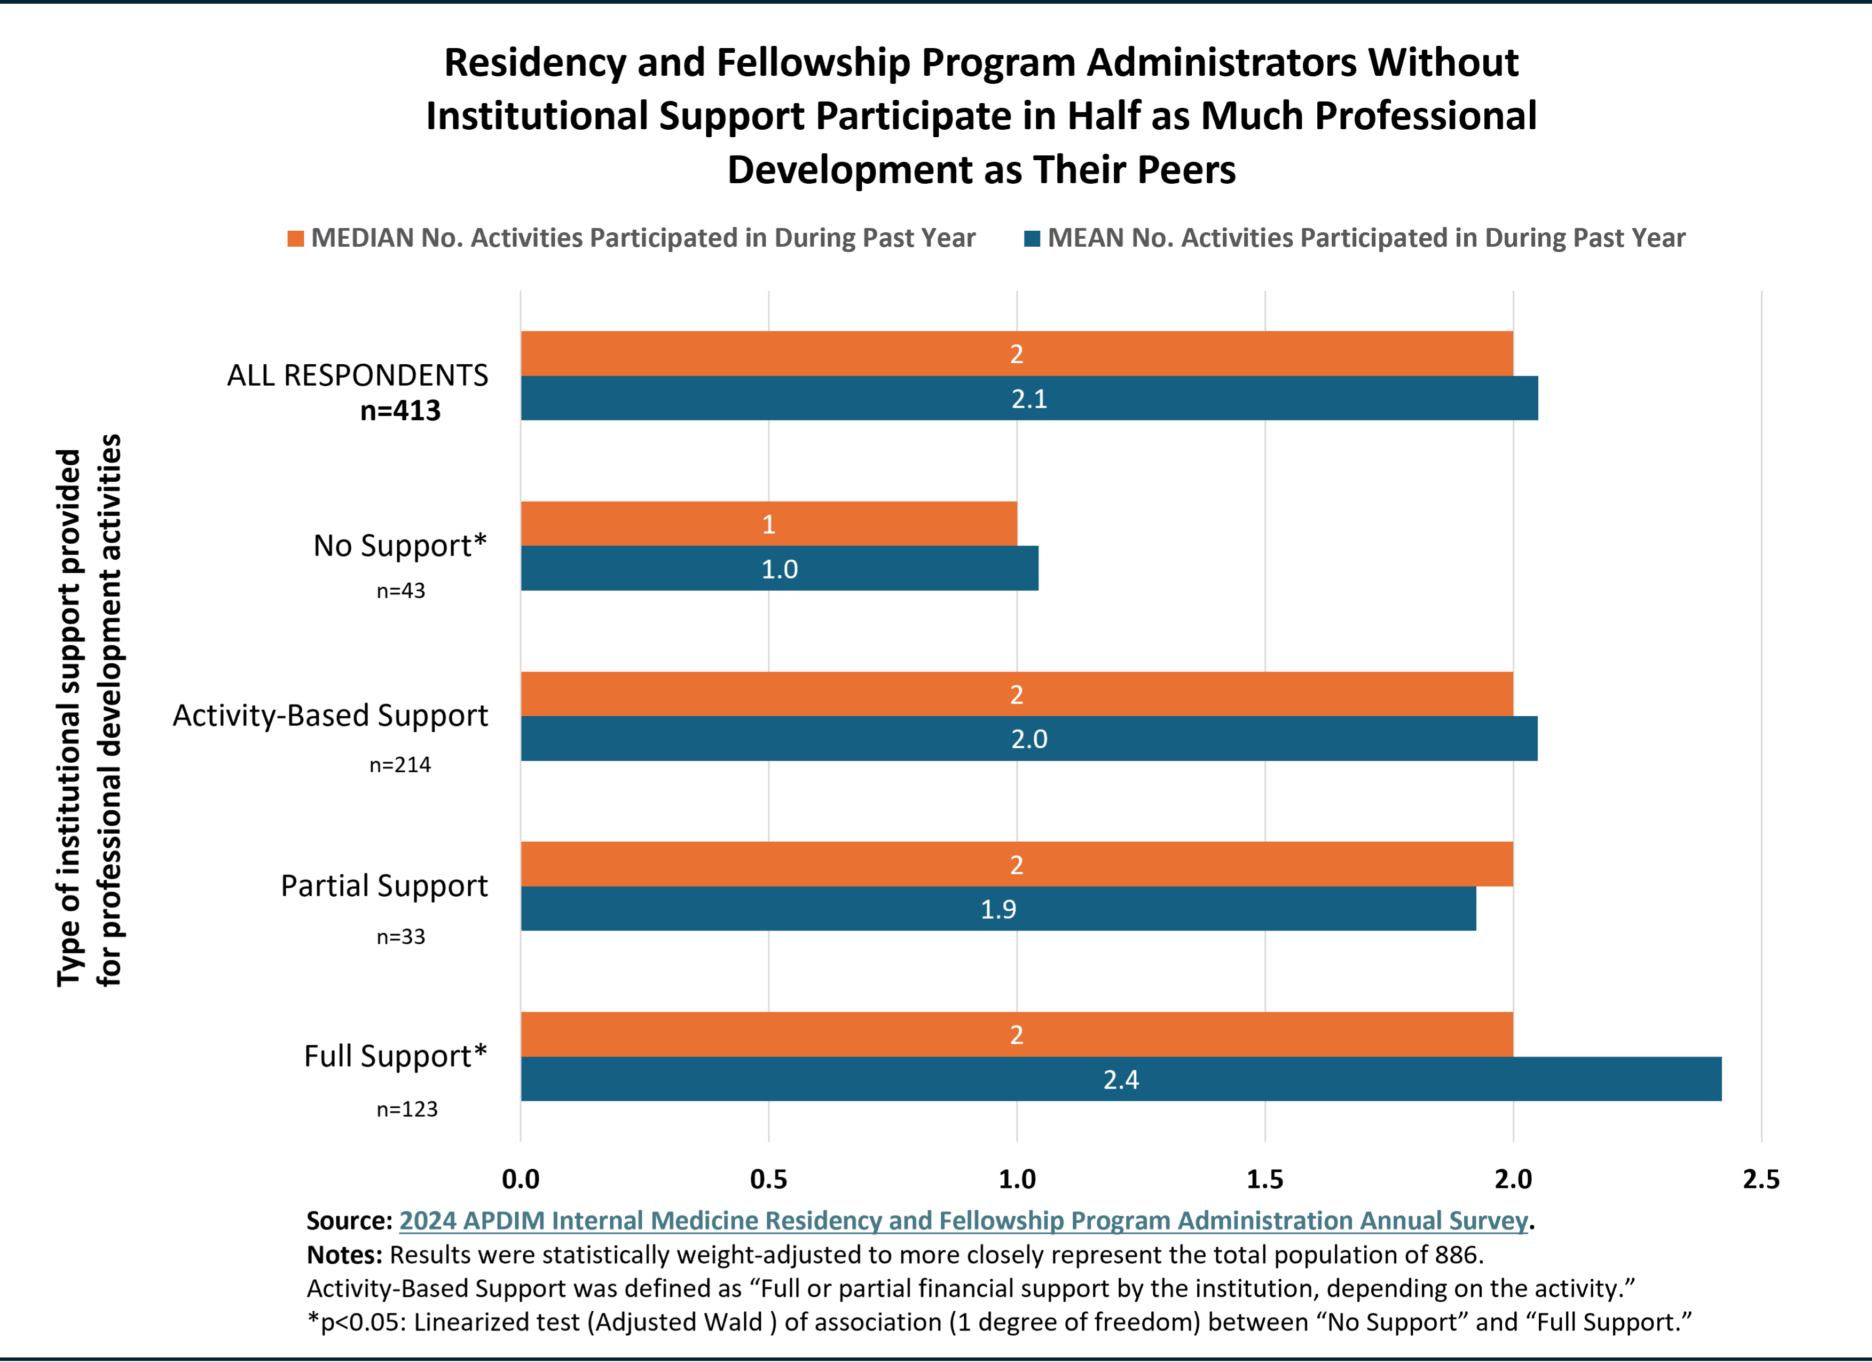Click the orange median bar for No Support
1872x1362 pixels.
pyautogui.click(x=768, y=523)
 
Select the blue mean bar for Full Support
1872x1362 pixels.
pyautogui.click(x=1121, y=1079)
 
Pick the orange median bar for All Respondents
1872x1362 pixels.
pyautogui.click(x=1017, y=353)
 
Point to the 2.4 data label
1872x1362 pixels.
pyautogui.click(x=1121, y=1079)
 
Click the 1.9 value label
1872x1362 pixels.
pyautogui.click(x=998, y=910)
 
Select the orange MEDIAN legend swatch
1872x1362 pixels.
pyautogui.click(x=295, y=239)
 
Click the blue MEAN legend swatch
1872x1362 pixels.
pyautogui.click(x=1032, y=239)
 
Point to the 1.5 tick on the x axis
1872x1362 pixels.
pyautogui.click(x=1264, y=1179)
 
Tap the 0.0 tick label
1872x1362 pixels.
pyautogui.click(x=521, y=1179)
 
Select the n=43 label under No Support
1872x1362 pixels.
pyautogui.click(x=401, y=591)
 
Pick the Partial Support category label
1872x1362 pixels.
pyautogui.click(x=384, y=886)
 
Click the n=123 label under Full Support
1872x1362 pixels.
pyautogui.click(x=407, y=1109)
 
